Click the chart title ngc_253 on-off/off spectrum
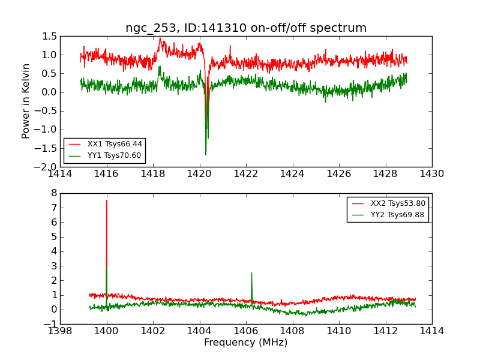(246, 28)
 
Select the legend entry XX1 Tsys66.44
(115, 144)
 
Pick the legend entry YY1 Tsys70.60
(114, 155)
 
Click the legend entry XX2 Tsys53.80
(398, 203)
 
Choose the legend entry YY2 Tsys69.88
(398, 215)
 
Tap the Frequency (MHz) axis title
(246, 343)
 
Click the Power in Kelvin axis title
(26, 101)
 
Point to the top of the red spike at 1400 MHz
(107, 200)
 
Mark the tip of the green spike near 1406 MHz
(251, 272)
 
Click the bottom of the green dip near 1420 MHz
(206, 154)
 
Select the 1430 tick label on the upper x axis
(431, 174)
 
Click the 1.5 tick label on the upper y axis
(50, 37)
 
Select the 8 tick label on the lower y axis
(53, 193)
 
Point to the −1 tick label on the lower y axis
(50, 324)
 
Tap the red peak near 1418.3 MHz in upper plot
(160, 38)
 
